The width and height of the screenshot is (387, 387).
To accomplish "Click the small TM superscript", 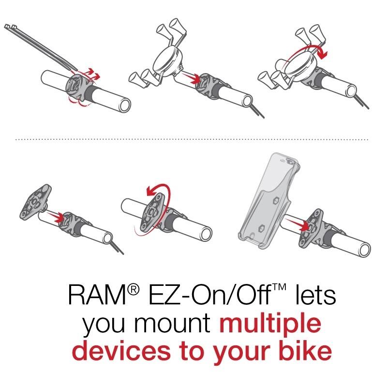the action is (x=279, y=287).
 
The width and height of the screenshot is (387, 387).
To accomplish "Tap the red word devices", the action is (x=122, y=351).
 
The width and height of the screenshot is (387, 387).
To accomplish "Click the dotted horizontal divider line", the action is (x=192, y=140).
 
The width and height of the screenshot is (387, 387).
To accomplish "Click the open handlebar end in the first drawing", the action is (x=124, y=105).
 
